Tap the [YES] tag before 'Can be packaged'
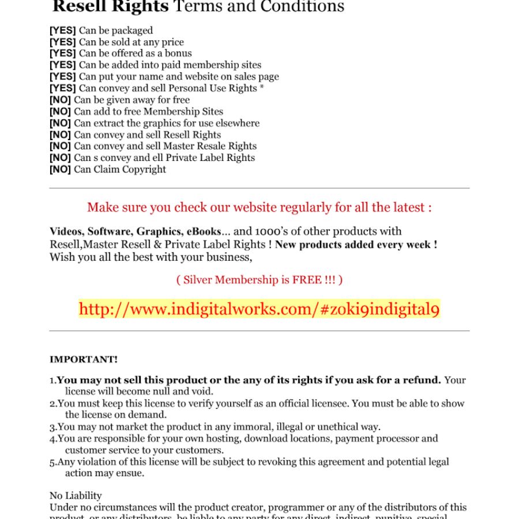(62, 31)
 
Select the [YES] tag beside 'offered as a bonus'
(62, 54)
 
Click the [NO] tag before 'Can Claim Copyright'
(60, 170)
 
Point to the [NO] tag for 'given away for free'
(60, 100)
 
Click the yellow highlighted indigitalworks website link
(259, 309)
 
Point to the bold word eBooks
(203, 232)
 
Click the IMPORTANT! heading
(84, 360)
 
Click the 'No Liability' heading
(76, 496)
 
